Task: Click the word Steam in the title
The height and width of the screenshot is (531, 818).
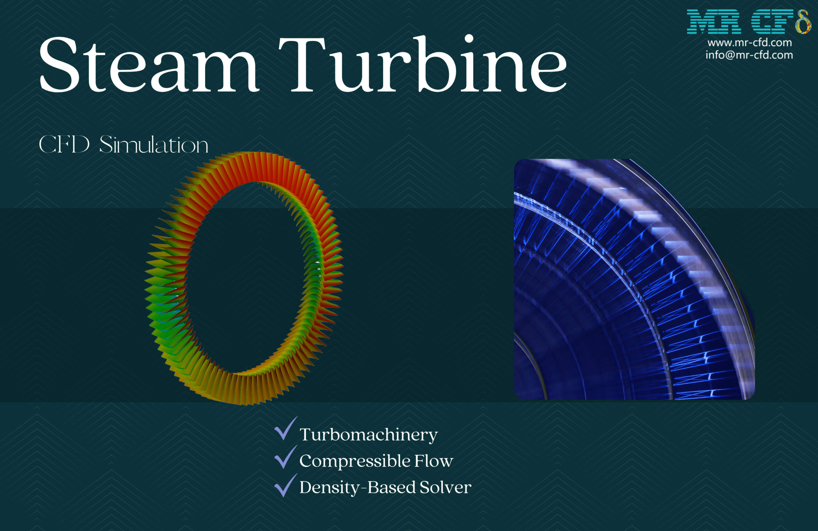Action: coord(149,64)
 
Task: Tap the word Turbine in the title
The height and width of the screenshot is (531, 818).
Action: coord(422,63)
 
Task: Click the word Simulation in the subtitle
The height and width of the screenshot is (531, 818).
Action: coord(154,144)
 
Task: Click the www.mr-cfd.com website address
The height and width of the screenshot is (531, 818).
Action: coord(749,42)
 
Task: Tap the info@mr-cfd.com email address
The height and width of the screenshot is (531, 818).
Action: coord(749,55)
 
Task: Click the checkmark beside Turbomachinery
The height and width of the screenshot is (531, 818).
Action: coord(286,428)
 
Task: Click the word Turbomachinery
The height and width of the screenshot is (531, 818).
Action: coord(368,435)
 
